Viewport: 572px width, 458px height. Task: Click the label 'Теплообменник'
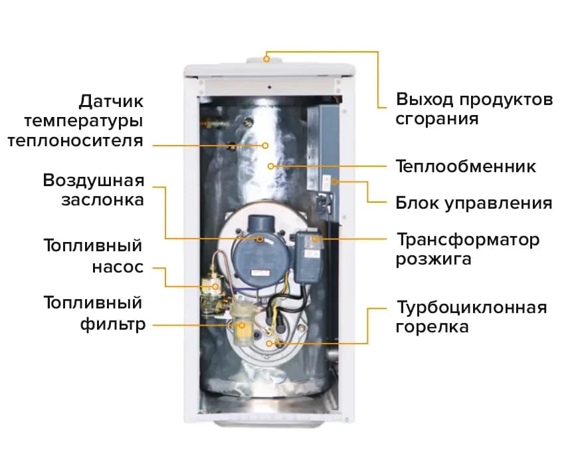tap(466, 166)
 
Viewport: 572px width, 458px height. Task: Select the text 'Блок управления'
tap(474, 203)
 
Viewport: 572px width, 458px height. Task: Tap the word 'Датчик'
tap(111, 101)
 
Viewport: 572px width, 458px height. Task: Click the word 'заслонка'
tap(103, 200)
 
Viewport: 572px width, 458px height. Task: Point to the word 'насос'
tap(118, 267)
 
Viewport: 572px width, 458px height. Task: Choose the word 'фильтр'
tap(113, 324)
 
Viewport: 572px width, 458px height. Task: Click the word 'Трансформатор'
tap(468, 240)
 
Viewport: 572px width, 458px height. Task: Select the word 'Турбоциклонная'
tap(472, 308)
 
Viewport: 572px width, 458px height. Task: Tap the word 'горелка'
tap(432, 326)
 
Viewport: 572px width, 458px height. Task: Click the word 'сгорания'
tap(437, 119)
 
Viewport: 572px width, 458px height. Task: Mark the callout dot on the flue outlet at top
tap(267, 58)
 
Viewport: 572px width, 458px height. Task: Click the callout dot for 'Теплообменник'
tap(270, 166)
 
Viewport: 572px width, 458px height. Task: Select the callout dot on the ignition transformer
tap(315, 239)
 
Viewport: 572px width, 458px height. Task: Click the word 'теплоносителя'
tap(76, 141)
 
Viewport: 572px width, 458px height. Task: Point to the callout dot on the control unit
tap(335, 181)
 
